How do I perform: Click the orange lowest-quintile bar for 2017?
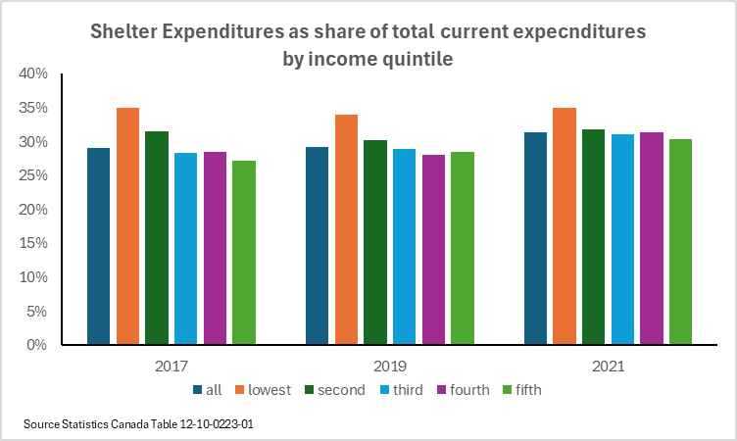[127, 226]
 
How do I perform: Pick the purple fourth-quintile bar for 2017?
[215, 249]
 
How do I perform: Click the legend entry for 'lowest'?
[262, 389]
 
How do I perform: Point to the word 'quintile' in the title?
[417, 57]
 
